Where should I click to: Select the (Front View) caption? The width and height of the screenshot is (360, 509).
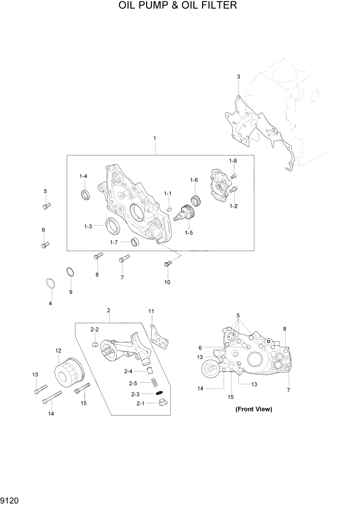253,409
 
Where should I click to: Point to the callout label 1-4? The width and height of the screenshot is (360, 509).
83,177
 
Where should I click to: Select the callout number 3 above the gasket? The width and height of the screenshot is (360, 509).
238,77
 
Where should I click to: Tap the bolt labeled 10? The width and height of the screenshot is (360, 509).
167,264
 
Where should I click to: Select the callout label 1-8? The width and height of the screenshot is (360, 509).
233,161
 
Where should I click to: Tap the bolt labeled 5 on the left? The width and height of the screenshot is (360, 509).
46,206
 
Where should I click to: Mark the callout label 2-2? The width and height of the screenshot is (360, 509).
94,329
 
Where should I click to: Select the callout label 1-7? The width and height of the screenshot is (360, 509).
114,242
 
